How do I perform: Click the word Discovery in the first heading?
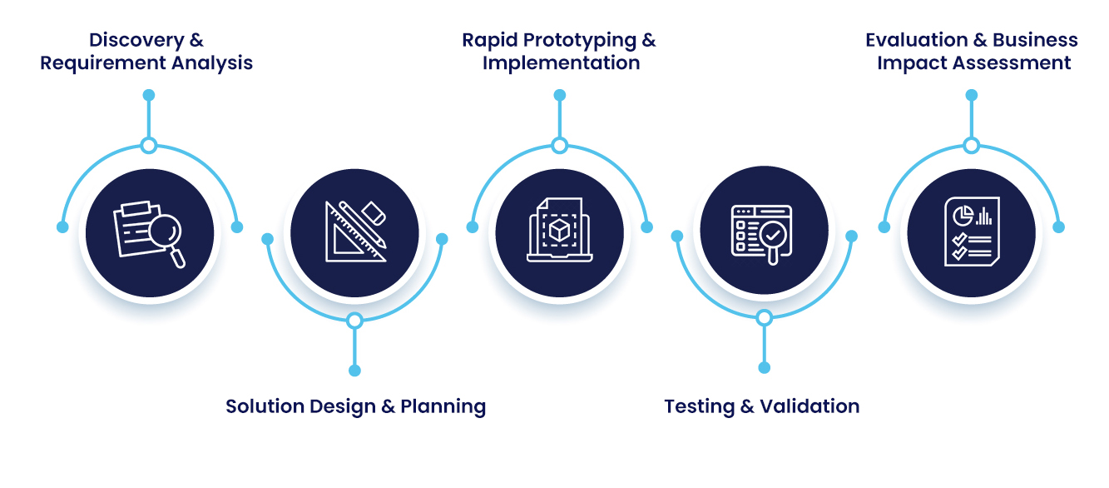[136, 40]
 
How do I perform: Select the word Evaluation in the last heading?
[917, 40]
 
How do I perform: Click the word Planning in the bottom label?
[443, 407]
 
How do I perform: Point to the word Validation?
[809, 406]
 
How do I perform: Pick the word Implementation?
[561, 64]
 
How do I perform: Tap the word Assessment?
[1012, 63]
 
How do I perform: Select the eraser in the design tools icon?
[374, 213]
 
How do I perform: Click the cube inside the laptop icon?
[560, 231]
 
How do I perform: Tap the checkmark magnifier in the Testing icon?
[773, 242]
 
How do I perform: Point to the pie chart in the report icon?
[963, 216]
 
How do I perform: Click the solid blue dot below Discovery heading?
[149, 95]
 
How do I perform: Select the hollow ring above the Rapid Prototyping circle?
[559, 146]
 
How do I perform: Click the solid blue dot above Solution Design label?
[354, 371]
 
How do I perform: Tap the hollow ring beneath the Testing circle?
[765, 317]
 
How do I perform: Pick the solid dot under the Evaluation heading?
[972, 95]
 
